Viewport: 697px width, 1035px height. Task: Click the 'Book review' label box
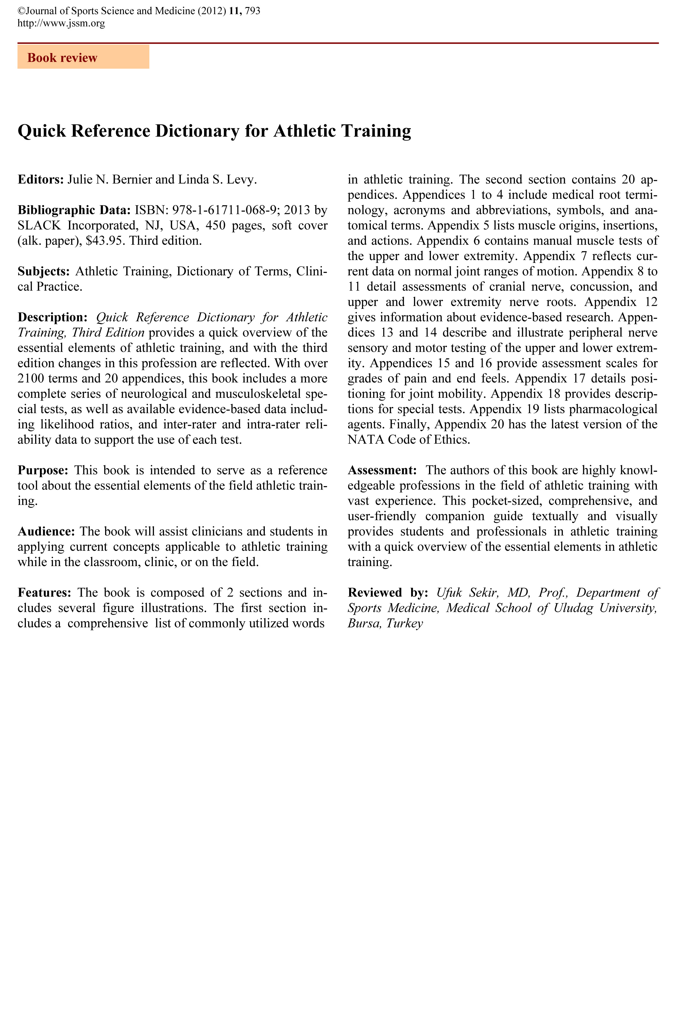[83, 57]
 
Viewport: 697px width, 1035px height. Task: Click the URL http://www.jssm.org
[61, 24]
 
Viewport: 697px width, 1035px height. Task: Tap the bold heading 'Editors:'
[41, 180]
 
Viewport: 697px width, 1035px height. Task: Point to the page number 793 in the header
[252, 11]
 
